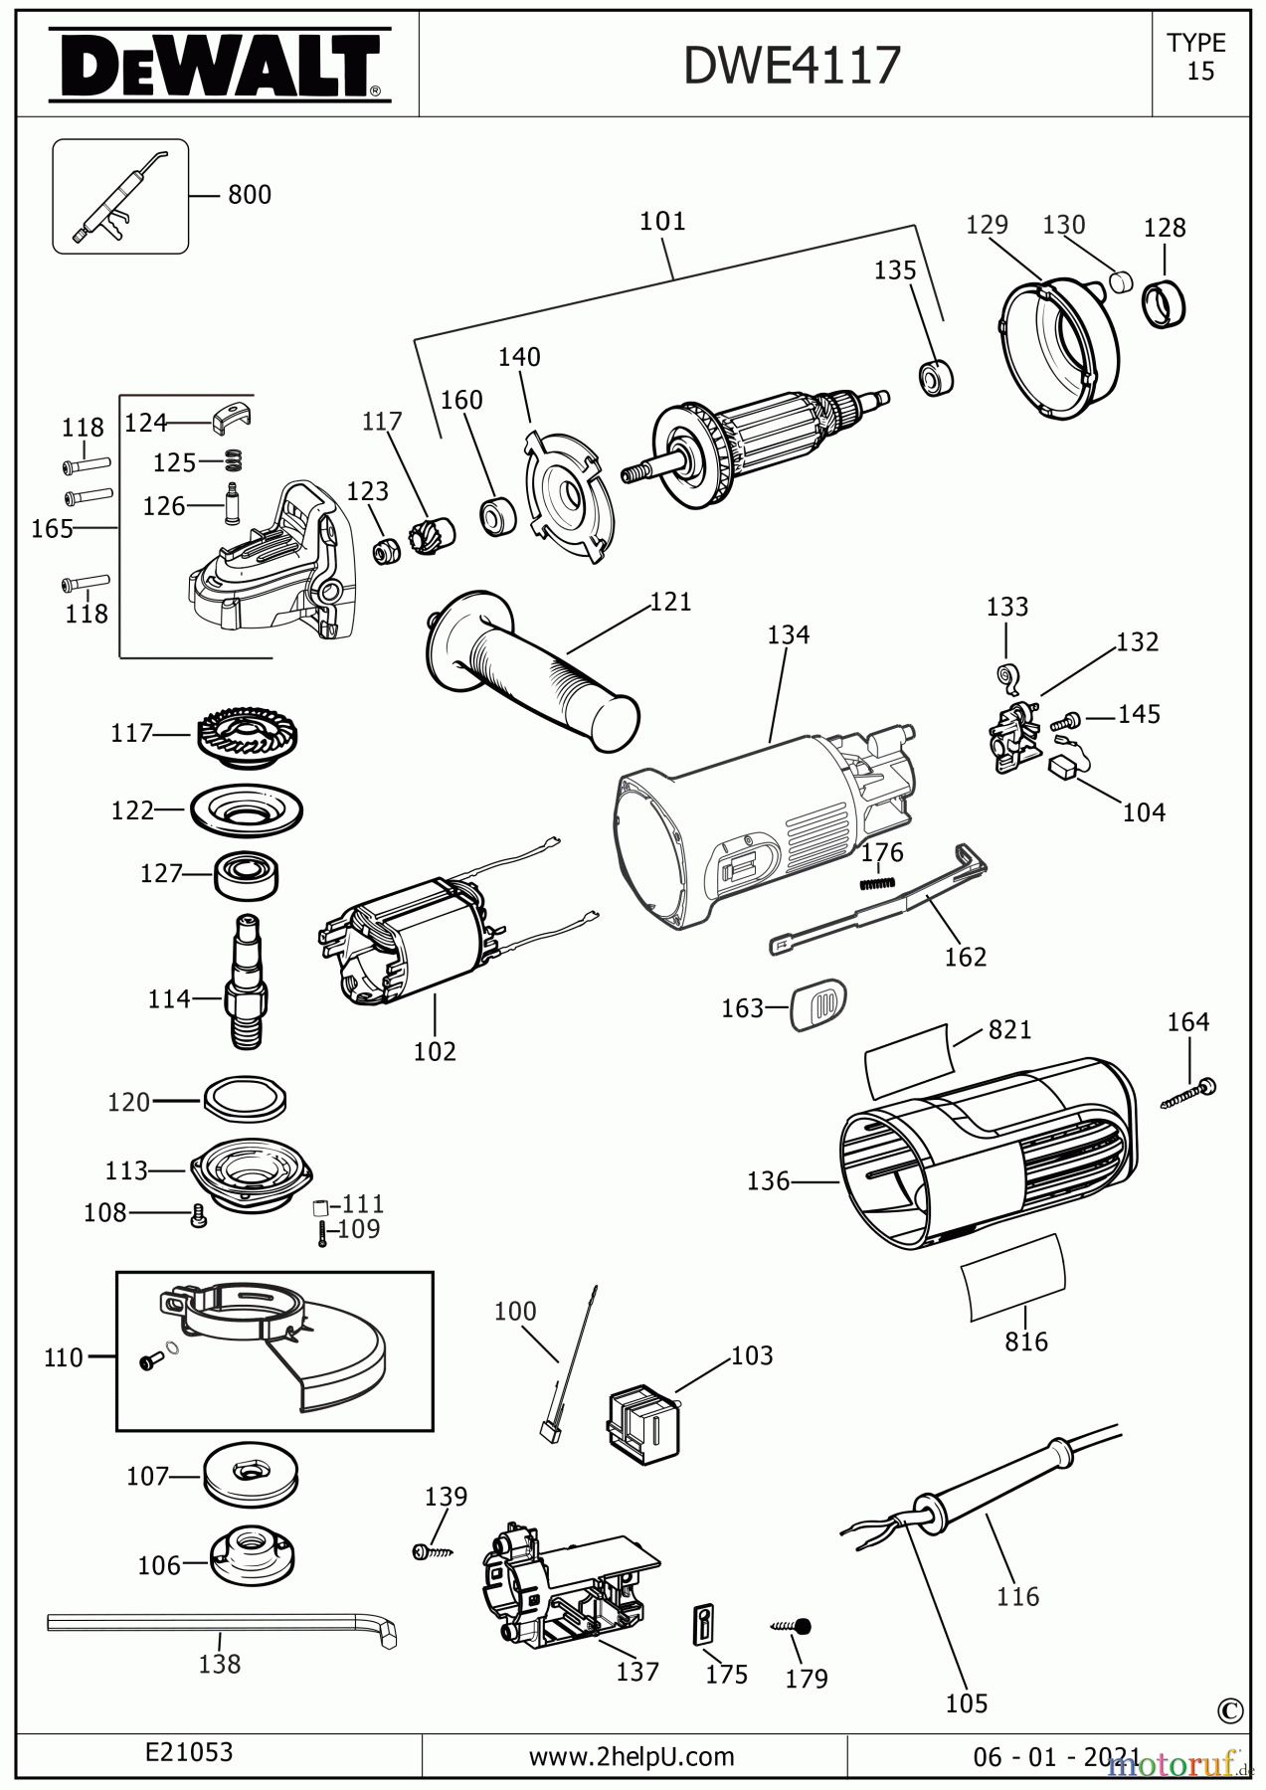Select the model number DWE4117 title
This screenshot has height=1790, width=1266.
(x=792, y=66)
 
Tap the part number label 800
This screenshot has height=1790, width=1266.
(x=249, y=195)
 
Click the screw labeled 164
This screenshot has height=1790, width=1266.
(x=1189, y=1094)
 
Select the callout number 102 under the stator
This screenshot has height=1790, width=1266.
(x=435, y=1051)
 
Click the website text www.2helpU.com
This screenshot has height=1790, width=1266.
(x=632, y=1756)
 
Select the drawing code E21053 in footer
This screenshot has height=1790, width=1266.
(x=189, y=1751)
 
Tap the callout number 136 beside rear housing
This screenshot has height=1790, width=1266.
(x=768, y=1180)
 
